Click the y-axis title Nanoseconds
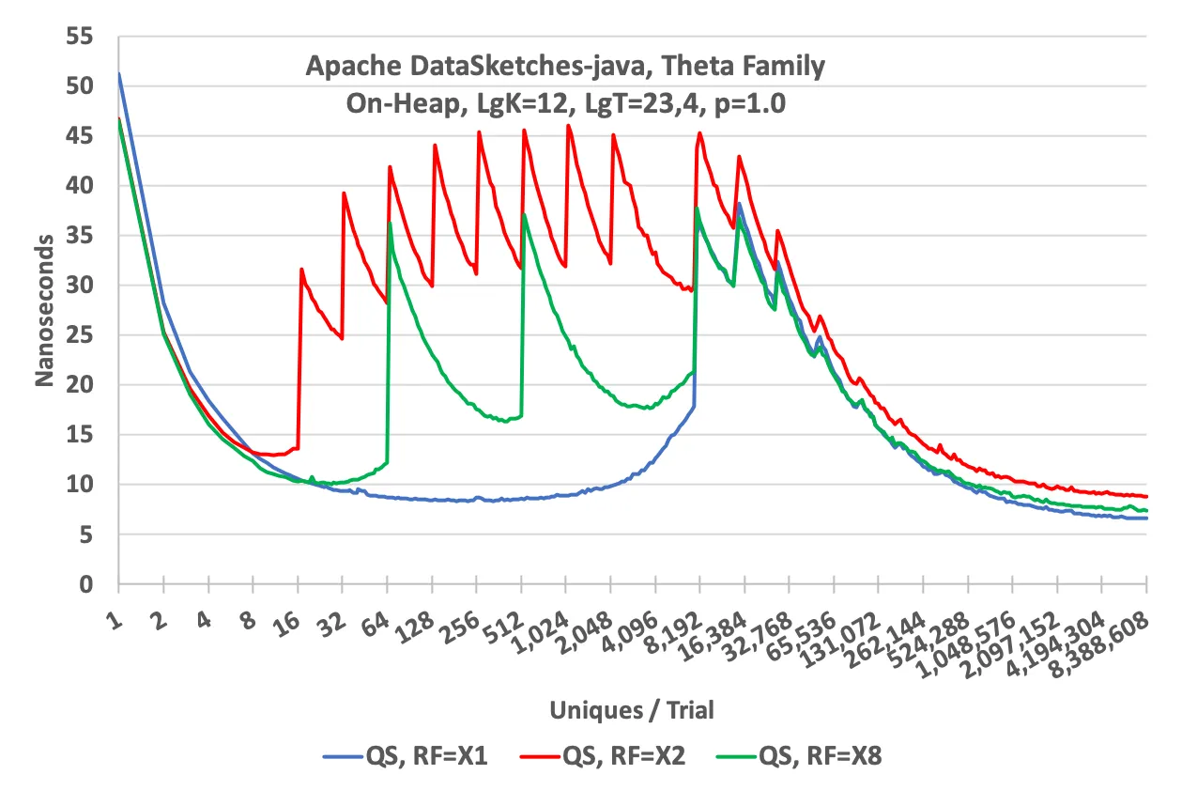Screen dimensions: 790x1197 (44, 310)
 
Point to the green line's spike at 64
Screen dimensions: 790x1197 (390, 223)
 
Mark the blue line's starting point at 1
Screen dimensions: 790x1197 (119, 73)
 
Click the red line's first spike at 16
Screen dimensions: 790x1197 (301, 269)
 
